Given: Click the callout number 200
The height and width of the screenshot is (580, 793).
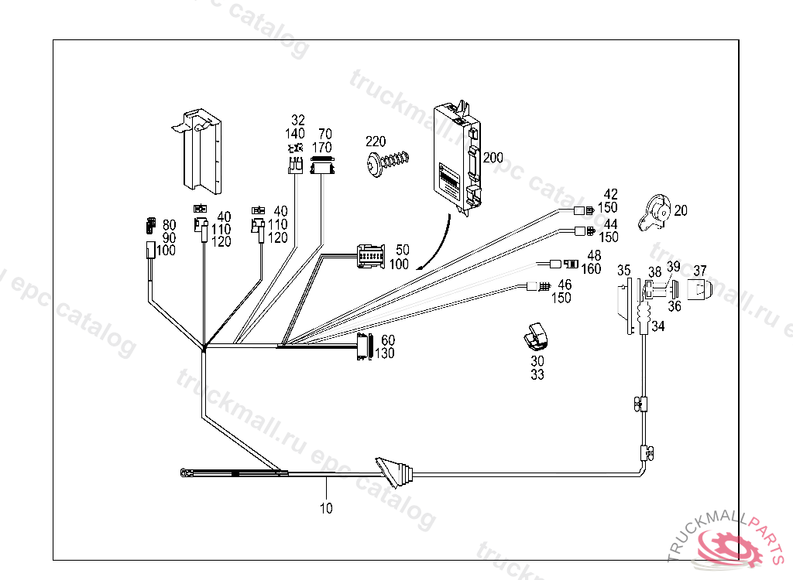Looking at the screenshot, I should [x=493, y=158].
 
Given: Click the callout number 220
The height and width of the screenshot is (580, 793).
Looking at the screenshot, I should [x=376, y=142].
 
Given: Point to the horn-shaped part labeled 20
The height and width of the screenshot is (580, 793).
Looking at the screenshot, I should [x=654, y=212].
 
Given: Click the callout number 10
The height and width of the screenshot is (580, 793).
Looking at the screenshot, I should [x=326, y=508].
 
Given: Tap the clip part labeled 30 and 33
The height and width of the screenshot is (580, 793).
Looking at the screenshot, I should [x=535, y=335].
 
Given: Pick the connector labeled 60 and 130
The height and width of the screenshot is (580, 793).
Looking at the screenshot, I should [x=364, y=347].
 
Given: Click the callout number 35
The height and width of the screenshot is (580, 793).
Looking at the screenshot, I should [x=624, y=271].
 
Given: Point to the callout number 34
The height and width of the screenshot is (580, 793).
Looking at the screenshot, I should [x=657, y=326].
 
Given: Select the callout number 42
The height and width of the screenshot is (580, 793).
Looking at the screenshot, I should [x=611, y=194].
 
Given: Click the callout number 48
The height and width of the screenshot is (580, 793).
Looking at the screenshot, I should [x=593, y=256].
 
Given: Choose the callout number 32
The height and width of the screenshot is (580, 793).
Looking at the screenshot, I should [x=298, y=120].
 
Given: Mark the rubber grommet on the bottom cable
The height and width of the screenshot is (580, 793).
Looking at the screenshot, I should [x=394, y=473].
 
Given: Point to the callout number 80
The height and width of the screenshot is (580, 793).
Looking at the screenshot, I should [x=169, y=225].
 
